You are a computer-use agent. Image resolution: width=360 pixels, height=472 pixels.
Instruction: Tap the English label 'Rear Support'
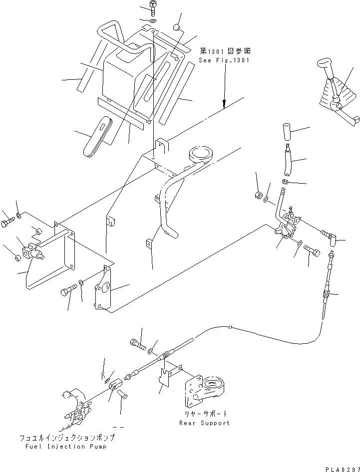click(205, 423)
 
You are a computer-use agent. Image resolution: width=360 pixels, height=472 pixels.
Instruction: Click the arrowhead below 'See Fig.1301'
click(224, 105)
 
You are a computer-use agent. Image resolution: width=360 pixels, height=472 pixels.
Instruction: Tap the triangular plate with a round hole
click(104, 291)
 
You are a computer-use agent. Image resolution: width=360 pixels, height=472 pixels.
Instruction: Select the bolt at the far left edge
click(6, 222)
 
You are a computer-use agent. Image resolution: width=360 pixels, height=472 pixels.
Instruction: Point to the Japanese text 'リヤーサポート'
click(205, 414)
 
